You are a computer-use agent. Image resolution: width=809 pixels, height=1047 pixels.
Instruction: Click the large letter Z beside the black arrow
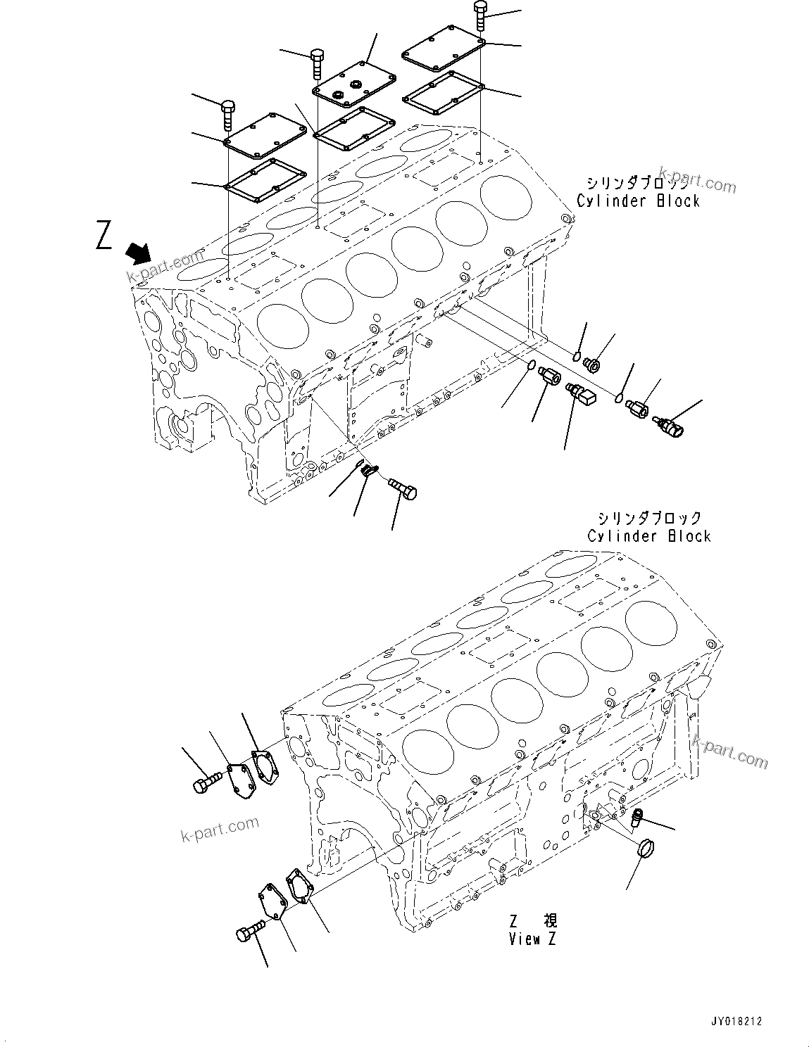(x=104, y=235)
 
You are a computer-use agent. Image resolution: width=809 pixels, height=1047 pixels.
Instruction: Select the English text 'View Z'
(x=532, y=939)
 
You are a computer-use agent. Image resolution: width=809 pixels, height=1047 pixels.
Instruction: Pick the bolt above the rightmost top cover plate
(x=480, y=15)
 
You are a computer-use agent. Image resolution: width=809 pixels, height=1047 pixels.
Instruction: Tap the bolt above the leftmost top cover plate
(x=229, y=114)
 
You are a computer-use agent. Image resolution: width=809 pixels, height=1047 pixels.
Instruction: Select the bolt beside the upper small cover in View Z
(x=206, y=782)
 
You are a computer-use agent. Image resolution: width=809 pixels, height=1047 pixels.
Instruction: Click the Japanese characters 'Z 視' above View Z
(x=532, y=921)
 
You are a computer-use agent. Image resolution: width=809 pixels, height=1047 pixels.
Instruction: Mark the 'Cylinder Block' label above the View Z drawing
(x=649, y=536)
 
